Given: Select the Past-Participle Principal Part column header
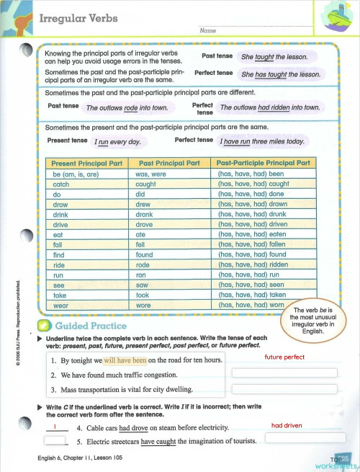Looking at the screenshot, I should click(262, 164).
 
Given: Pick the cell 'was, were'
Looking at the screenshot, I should click(151, 174).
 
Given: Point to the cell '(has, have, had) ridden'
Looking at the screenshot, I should click(252, 264).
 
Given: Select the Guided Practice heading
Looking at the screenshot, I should click(95, 326).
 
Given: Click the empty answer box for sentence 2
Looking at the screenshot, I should click(284, 373).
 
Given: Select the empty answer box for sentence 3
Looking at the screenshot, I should click(284, 390).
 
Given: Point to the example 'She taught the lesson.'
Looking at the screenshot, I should click(274, 57).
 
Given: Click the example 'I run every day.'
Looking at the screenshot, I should click(117, 142).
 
